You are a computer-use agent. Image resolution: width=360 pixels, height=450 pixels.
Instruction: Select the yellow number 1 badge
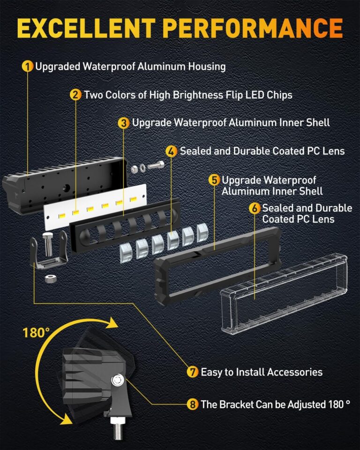click(x=28, y=67)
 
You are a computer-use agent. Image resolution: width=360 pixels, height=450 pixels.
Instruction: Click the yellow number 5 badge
click(x=214, y=180)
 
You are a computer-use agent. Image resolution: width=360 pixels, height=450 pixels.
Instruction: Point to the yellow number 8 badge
click(x=192, y=404)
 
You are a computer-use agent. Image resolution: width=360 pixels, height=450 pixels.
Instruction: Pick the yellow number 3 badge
click(x=124, y=123)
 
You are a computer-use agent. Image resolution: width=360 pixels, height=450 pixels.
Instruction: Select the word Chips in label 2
click(x=278, y=95)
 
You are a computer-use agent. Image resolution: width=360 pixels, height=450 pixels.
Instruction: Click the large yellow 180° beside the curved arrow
click(x=36, y=333)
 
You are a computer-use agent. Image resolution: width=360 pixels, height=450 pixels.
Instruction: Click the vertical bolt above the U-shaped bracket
click(x=48, y=241)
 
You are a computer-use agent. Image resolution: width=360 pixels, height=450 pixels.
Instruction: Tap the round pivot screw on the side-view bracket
click(x=118, y=380)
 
